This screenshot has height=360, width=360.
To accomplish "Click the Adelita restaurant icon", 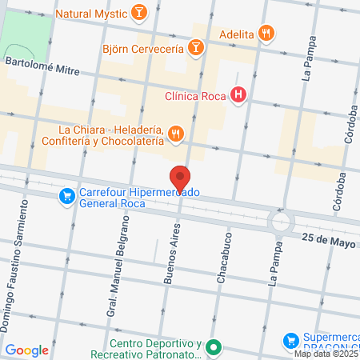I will pyautogui.click(x=267, y=34).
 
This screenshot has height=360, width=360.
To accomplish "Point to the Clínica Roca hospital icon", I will pyautogui.click(x=238, y=97).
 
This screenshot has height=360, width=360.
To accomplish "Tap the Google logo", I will pyautogui.click(x=27, y=350).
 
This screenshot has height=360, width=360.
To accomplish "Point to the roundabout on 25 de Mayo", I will pyautogui.click(x=281, y=221).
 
